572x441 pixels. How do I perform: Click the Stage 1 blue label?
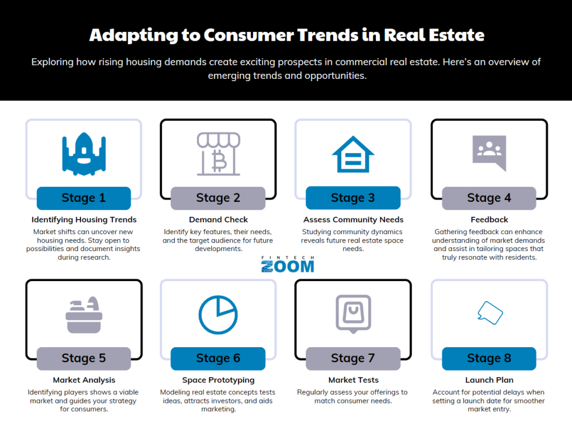(84, 198)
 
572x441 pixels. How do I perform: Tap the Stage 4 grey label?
(489, 198)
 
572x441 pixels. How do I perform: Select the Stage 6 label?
(218, 358)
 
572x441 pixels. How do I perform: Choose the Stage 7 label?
(353, 358)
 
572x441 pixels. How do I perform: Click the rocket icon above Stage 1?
(84, 154)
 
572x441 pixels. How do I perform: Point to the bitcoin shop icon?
(218, 154)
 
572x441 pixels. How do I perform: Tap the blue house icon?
(353, 154)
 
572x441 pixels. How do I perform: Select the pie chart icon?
(218, 315)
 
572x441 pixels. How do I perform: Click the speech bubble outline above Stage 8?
(490, 313)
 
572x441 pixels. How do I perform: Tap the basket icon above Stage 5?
(84, 315)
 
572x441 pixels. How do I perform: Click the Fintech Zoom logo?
(288, 264)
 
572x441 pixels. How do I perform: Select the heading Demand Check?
(218, 220)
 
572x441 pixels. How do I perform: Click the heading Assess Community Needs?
(353, 220)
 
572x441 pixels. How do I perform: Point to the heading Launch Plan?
(489, 380)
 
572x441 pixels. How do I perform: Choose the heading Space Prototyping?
(218, 380)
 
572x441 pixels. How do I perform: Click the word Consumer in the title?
(248, 35)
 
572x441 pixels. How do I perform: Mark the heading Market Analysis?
(84, 380)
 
